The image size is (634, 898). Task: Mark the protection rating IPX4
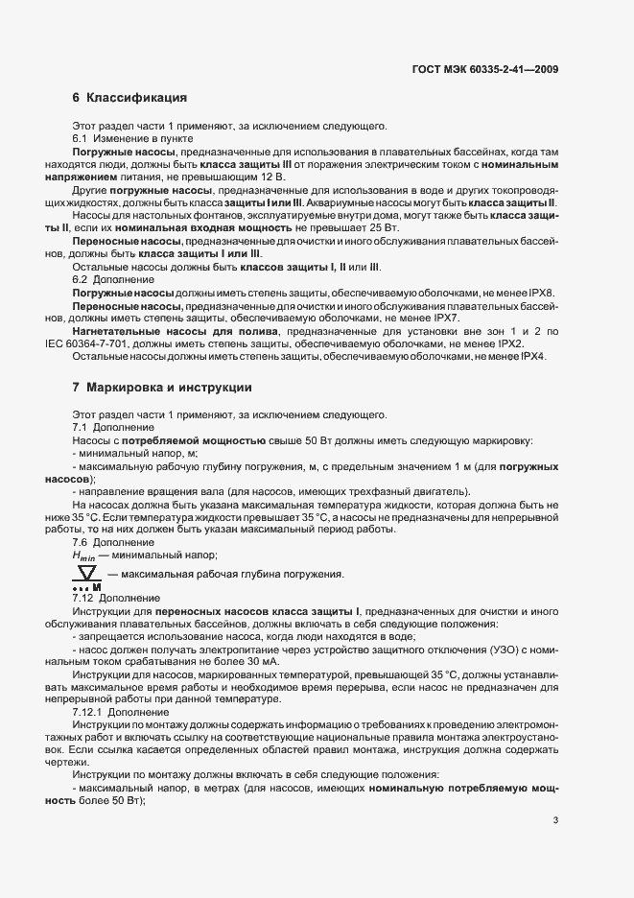click(x=545, y=356)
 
